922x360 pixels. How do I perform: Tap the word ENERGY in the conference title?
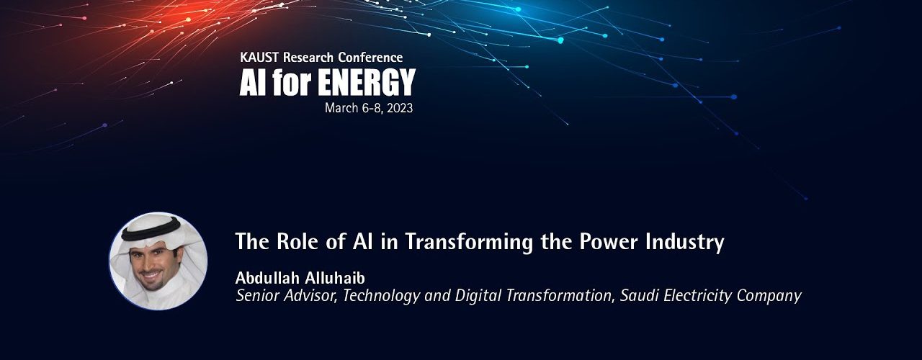coord(367,82)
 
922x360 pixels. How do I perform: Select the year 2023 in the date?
coord(400,108)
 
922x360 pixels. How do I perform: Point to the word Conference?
coord(370,58)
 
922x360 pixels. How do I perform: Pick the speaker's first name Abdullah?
coord(267,278)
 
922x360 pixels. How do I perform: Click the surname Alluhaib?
coord(335,278)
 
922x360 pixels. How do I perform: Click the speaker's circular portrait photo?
coord(158,261)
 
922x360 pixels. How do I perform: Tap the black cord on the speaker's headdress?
coord(151,231)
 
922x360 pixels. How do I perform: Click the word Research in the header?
coord(308,58)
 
